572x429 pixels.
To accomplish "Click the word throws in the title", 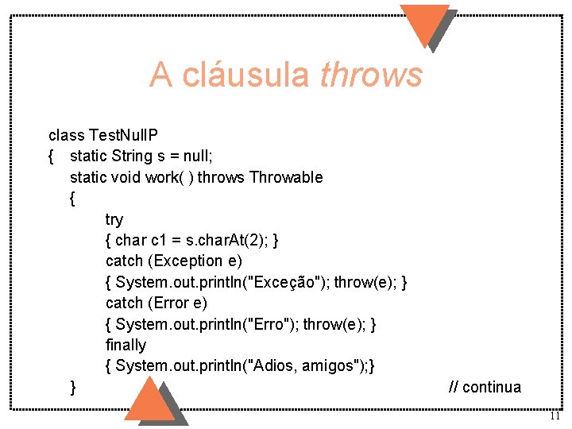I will click(x=370, y=75).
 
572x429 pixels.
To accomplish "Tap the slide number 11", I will click(x=555, y=416).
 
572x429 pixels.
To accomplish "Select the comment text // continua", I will click(x=485, y=387).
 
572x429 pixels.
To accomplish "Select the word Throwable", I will click(x=286, y=176).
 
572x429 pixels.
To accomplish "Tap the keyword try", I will click(x=114, y=218).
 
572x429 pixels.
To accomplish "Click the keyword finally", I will click(x=126, y=345).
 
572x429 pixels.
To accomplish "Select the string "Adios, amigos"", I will click(x=311, y=365).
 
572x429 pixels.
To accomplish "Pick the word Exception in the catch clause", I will click(x=188, y=261).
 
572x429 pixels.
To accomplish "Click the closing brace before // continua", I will click(x=73, y=387).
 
